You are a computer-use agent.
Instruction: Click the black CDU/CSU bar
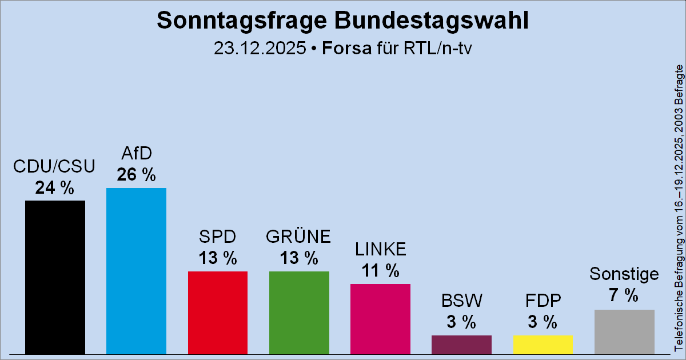click(55, 277)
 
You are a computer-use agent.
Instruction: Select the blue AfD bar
click(136, 271)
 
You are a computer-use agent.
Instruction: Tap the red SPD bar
click(218, 313)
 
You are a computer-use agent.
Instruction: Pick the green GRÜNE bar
click(299, 313)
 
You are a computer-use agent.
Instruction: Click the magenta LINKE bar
click(380, 319)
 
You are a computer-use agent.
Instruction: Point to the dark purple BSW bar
click(461, 344)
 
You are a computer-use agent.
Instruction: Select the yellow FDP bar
click(543, 344)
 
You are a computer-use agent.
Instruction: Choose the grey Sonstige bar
click(624, 331)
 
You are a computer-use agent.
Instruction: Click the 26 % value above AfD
click(136, 175)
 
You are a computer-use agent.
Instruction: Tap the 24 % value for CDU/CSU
click(55, 187)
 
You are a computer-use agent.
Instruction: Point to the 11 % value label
click(380, 271)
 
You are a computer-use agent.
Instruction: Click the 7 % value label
click(624, 295)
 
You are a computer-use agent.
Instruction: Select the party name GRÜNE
click(299, 237)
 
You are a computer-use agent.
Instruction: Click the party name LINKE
click(380, 249)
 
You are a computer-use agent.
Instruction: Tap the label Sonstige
click(624, 275)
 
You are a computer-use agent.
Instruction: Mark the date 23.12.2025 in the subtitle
click(260, 48)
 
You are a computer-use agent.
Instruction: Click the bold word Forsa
click(346, 48)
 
